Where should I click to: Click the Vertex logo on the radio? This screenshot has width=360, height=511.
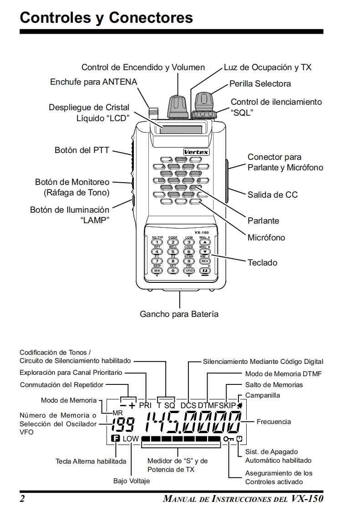[x=196, y=152]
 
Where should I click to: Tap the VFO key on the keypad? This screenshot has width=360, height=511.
[x=189, y=270]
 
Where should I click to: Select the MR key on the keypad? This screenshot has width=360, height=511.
[x=157, y=270]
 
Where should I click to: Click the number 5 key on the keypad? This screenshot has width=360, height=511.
[x=172, y=251]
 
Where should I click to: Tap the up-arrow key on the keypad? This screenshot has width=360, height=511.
[x=205, y=242]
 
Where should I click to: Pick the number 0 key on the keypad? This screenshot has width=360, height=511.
[x=172, y=270]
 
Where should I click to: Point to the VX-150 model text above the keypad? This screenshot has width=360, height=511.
[x=201, y=232]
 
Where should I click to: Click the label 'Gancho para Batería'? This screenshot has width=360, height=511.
[x=179, y=314]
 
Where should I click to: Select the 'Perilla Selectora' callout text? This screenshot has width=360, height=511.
[x=260, y=83]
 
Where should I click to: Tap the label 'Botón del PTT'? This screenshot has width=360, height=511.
[x=82, y=149]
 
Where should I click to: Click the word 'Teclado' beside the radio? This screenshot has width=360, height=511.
[x=262, y=262]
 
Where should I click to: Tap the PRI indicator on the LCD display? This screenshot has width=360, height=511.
[x=145, y=405]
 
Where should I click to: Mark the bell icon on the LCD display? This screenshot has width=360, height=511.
[x=239, y=405]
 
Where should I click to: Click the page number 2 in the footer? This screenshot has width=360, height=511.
[x=22, y=498]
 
